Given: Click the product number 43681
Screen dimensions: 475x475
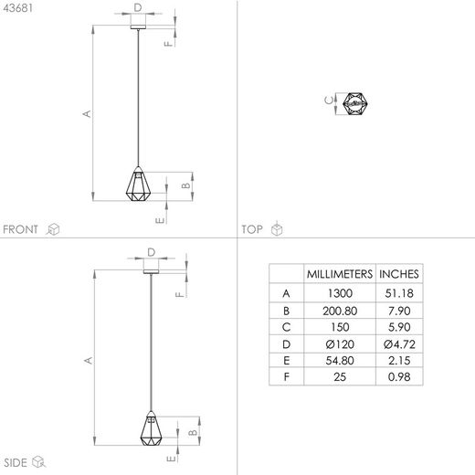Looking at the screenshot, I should coord(18,9).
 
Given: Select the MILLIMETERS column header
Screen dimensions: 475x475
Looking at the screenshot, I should coord(338,273).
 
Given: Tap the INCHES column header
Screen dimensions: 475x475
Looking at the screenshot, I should coord(399,273).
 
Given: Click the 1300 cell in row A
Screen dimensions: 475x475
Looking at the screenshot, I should coord(338,293).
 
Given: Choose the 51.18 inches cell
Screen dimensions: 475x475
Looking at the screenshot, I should coord(399,293).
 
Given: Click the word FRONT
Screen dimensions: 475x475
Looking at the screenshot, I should coord(21,229).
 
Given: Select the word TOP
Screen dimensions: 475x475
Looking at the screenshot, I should coord(251,229).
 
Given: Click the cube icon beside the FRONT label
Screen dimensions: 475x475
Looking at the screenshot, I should coord(53,229).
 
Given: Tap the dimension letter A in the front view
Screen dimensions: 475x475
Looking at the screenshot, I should coord(87,113).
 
